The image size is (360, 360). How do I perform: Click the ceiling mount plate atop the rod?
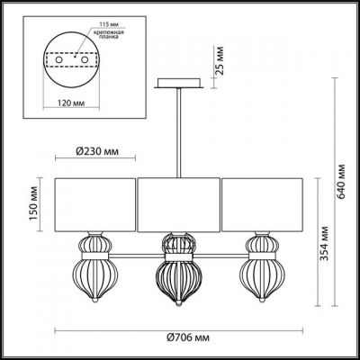(x=178, y=85)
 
